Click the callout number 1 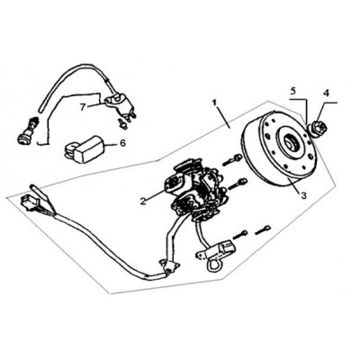(214, 103)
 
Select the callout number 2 (143, 201)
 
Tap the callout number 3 (303, 196)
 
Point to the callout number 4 (326, 93)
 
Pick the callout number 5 (293, 90)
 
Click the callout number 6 (122, 143)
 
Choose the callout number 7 (84, 107)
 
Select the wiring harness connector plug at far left (29, 202)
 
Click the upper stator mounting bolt (232, 160)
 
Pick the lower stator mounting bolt (238, 184)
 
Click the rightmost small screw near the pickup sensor (263, 230)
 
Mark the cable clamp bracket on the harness (170, 265)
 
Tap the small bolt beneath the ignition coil (121, 123)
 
